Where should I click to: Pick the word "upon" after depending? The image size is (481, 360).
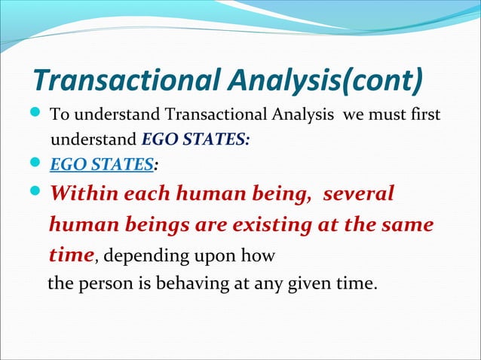(x=201, y=258)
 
